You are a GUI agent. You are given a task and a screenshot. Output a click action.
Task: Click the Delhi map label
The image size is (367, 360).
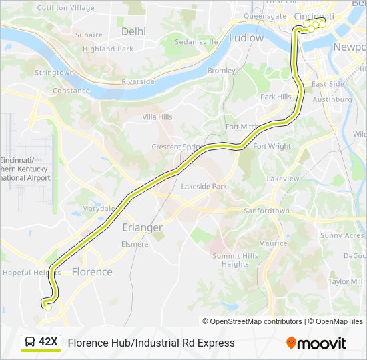pos(134,31)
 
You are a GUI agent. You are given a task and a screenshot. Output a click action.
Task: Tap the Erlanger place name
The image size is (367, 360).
pos(142,227)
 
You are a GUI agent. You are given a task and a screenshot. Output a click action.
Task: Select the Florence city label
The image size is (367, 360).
pos(92,272)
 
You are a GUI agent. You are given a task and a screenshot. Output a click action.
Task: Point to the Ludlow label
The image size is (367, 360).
pos(246,38)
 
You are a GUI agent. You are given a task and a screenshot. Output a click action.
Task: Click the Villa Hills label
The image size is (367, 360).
pos(157,117)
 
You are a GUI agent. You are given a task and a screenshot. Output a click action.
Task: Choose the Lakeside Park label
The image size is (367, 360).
pos(204,187)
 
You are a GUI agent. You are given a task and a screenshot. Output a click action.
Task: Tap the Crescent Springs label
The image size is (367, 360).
pos(177,147)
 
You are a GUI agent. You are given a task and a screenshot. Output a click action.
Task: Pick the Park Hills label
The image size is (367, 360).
pos(276,97)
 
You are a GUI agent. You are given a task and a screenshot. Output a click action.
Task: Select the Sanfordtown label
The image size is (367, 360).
pos(266,211)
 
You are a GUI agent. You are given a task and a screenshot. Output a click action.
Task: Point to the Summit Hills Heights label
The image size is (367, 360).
pos(235,260)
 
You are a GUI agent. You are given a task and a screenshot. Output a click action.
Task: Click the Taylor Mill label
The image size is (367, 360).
pos(345,281)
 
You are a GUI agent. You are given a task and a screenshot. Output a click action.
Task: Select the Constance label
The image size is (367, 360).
pos(71,91)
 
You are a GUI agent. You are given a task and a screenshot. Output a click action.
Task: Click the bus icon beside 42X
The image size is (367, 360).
pos(30,343)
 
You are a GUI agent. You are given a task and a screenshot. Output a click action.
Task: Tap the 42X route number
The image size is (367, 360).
pos(49,343)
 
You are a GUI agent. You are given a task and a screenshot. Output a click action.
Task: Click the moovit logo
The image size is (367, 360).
pos(316,343)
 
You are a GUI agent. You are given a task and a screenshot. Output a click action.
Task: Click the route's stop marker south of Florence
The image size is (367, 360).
pos(48,307)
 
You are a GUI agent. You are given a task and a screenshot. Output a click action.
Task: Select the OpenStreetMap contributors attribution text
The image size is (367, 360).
pos(252,321)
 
